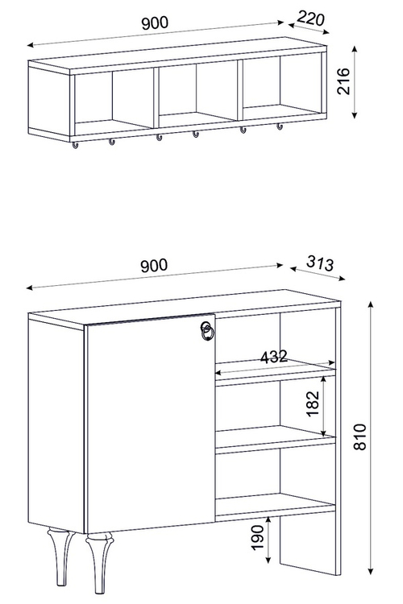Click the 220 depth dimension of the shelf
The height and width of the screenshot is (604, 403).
coord(311,19)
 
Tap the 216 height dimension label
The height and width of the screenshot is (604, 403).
coord(343,81)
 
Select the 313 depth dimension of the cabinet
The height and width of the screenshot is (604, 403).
coord(320,263)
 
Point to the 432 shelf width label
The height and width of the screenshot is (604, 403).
coord(274,357)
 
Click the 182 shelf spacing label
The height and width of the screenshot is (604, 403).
coord(314,403)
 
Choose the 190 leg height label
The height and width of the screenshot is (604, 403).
coord(258,537)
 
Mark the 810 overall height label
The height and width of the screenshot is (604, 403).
coord(359,436)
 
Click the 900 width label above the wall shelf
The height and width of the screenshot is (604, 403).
coord(155,23)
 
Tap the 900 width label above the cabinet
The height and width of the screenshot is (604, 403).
coord(154,266)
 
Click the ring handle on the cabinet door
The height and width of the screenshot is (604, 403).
coord(206,331)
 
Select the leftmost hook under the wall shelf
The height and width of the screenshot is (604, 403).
coord(75,145)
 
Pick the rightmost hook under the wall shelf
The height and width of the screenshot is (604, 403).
coord(280,126)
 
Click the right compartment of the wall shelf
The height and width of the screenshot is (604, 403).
coord(282,85)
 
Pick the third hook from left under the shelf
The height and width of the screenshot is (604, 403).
coord(159,137)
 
